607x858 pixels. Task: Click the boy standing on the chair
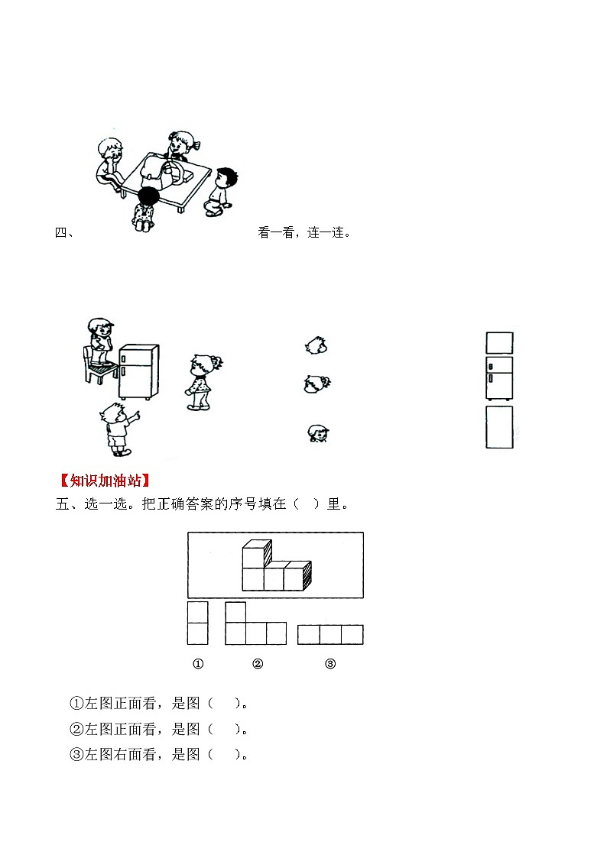pos(99,344)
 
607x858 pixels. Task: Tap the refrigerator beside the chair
pos(138,372)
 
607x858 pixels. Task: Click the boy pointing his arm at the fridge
pos(116,429)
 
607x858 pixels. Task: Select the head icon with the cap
pos(318,434)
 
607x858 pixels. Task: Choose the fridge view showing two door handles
pos(499,377)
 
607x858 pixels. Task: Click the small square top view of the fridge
pos(499,342)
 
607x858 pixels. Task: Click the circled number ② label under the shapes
pos(258,664)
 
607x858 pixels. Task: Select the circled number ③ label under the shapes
pos(330,664)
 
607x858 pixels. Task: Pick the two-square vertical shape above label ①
pos(197,623)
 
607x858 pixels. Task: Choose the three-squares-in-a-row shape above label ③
pos(330,634)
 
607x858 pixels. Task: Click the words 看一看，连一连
pos(304,233)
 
